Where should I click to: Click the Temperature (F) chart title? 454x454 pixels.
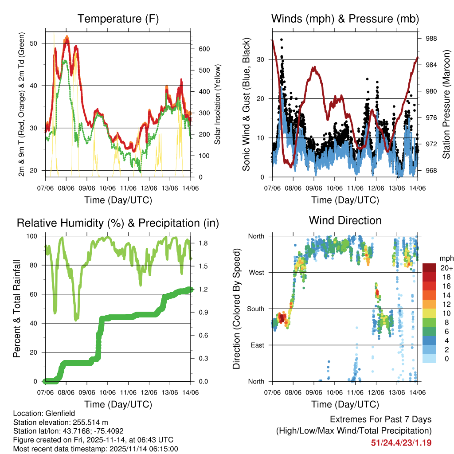(x=117, y=19)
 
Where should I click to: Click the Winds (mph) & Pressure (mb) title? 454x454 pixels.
(x=345, y=19)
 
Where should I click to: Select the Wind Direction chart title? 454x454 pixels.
(x=345, y=220)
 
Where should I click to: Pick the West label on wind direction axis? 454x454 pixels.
(x=257, y=272)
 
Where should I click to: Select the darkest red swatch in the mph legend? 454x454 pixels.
(x=430, y=268)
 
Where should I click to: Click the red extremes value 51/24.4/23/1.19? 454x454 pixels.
(x=401, y=443)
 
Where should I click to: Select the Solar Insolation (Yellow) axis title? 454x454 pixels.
(x=217, y=104)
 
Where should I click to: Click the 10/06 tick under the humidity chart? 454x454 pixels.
(x=107, y=392)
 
